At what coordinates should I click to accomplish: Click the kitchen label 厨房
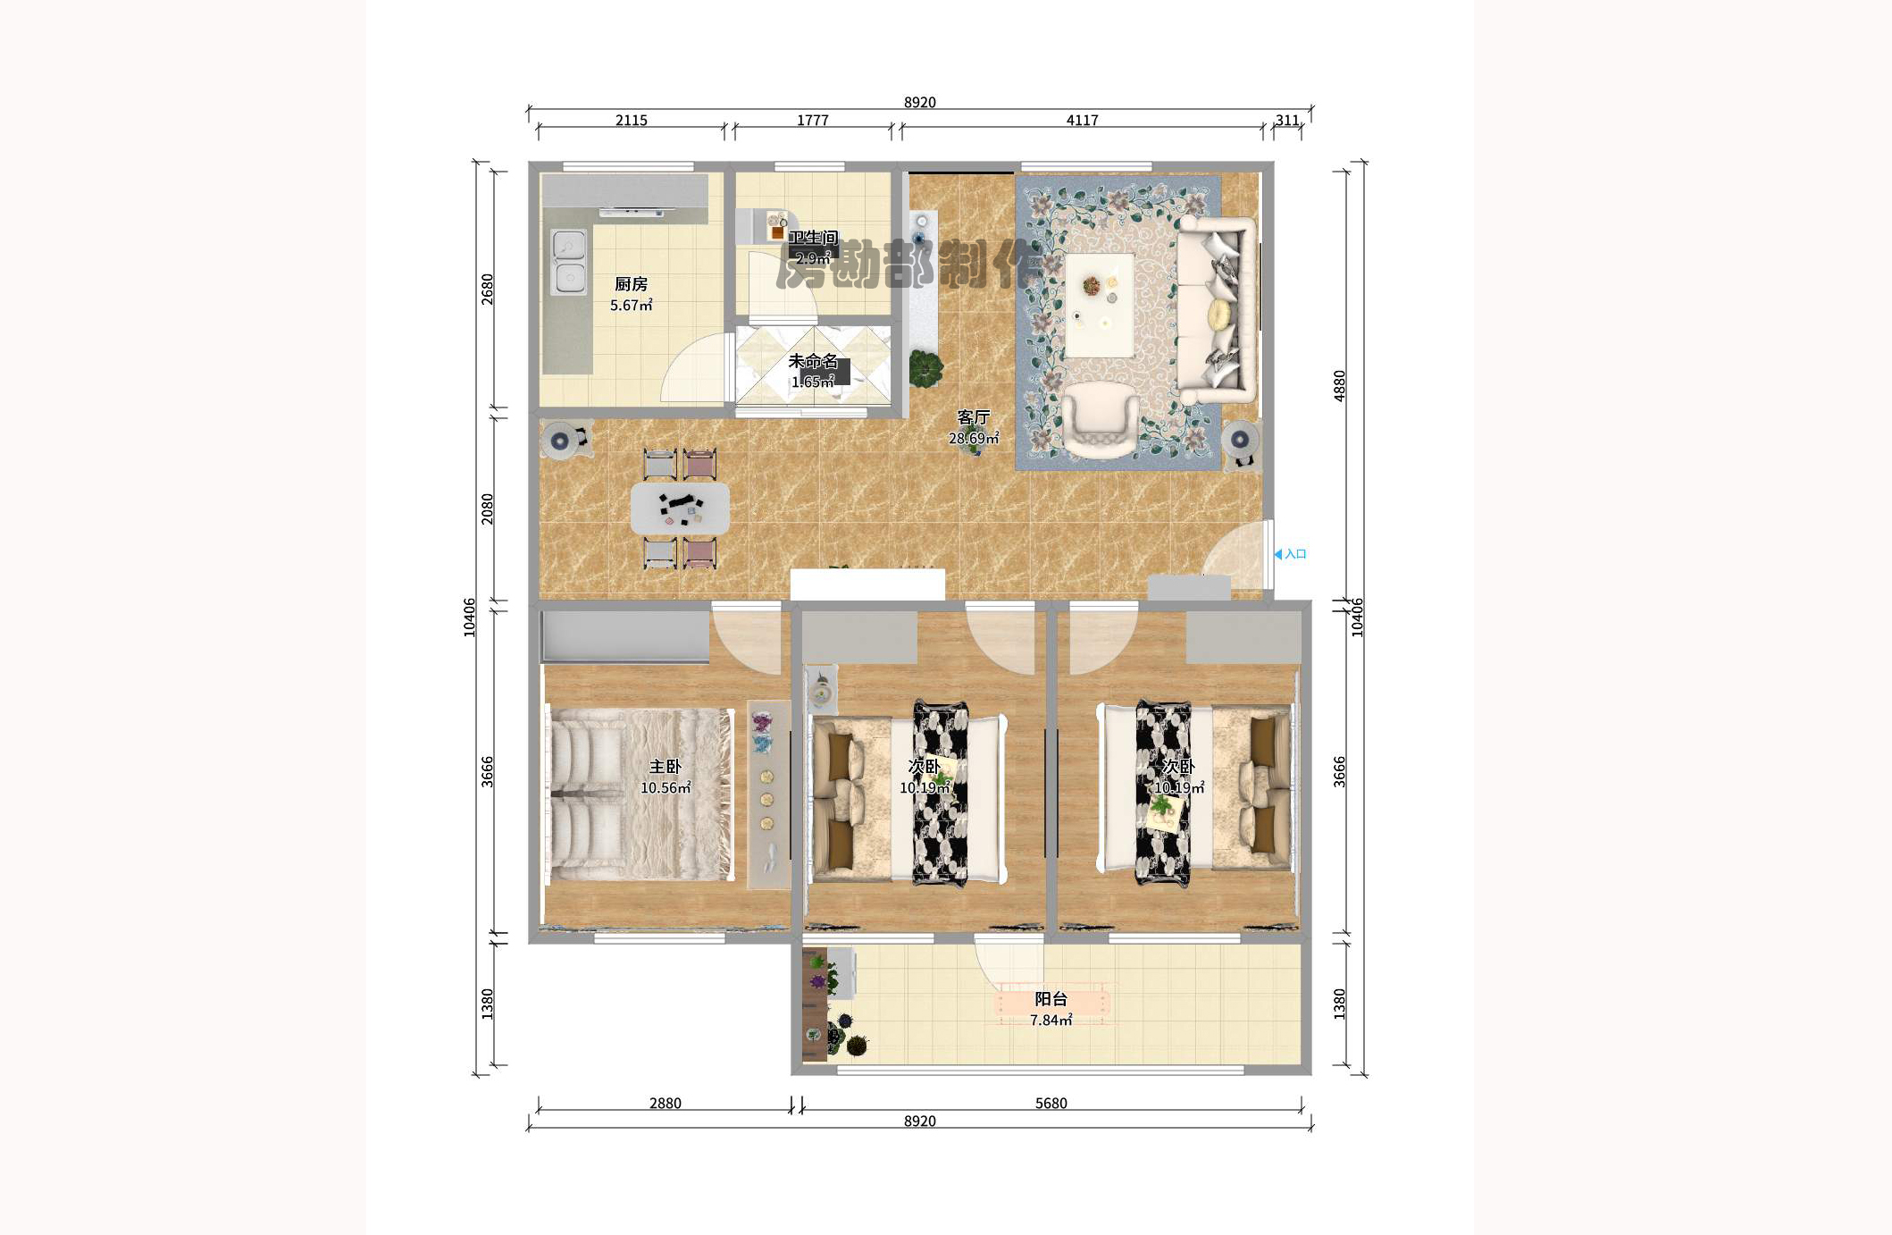pos(631,284)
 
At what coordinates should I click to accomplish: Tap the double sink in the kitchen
pos(569,262)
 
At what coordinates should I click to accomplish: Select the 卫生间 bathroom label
pos(813,238)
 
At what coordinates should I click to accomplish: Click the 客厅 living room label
pos(974,417)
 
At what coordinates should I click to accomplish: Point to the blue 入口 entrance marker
pos(1291,554)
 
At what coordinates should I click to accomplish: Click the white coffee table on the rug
pos(1099,305)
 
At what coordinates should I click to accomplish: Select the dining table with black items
pos(680,508)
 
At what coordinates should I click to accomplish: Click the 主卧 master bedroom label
pos(665,767)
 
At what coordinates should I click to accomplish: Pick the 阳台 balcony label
pos(1051,999)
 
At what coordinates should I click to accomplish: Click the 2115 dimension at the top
pos(631,120)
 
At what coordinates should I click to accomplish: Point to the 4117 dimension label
pos(1082,120)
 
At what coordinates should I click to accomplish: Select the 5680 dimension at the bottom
pos(1051,1103)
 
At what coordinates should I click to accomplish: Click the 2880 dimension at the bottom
pos(665,1103)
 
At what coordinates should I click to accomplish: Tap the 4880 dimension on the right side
pos(1339,385)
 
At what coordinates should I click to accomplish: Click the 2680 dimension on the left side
pos(487,289)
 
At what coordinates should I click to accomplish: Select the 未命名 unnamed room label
pos(813,361)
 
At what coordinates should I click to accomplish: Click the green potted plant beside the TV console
pos(926,367)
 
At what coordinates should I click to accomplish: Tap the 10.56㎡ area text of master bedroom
pos(665,788)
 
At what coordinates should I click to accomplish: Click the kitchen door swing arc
pos(692,371)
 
